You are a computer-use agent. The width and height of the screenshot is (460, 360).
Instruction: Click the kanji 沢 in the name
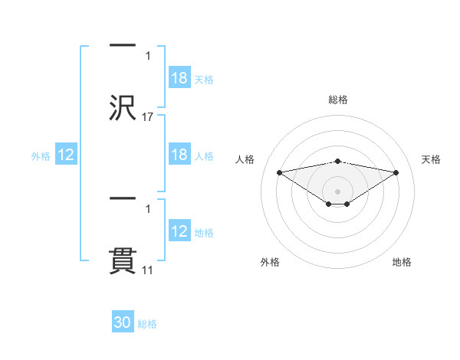point(123,106)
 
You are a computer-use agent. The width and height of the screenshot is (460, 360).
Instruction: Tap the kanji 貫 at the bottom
point(123,260)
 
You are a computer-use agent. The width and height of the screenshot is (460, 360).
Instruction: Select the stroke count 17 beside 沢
point(147,116)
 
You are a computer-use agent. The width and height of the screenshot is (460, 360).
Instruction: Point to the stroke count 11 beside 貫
point(147,270)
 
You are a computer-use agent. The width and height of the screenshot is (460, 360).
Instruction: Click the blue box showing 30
point(123,322)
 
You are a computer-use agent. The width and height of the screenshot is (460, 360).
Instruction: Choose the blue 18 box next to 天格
point(179,78)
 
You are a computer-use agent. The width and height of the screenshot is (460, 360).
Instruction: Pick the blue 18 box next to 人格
point(179,155)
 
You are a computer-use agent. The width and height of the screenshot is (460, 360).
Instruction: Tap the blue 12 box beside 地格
point(179,231)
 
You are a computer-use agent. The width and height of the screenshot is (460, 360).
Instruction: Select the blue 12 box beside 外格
point(66,155)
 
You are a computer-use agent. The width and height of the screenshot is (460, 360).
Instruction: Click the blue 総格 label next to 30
point(147,324)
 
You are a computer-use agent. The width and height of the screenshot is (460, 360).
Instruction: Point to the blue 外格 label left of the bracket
point(41,155)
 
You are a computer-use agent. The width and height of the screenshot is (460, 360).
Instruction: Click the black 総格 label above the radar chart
point(338,100)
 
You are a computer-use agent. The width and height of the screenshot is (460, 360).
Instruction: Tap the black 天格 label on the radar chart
point(431,159)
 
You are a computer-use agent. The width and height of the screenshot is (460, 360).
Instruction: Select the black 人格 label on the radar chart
point(245,159)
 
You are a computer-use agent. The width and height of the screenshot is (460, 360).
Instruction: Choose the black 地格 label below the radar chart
point(402,263)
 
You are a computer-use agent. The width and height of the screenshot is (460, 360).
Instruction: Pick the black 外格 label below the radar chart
point(270,263)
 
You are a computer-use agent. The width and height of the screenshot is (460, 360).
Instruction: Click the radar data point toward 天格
point(396,172)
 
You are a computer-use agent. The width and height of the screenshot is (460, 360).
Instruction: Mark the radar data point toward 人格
point(279,172)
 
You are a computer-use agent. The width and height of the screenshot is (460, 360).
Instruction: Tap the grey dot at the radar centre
point(338,191)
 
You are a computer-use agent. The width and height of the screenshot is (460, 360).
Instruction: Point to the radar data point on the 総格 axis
point(338,161)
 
